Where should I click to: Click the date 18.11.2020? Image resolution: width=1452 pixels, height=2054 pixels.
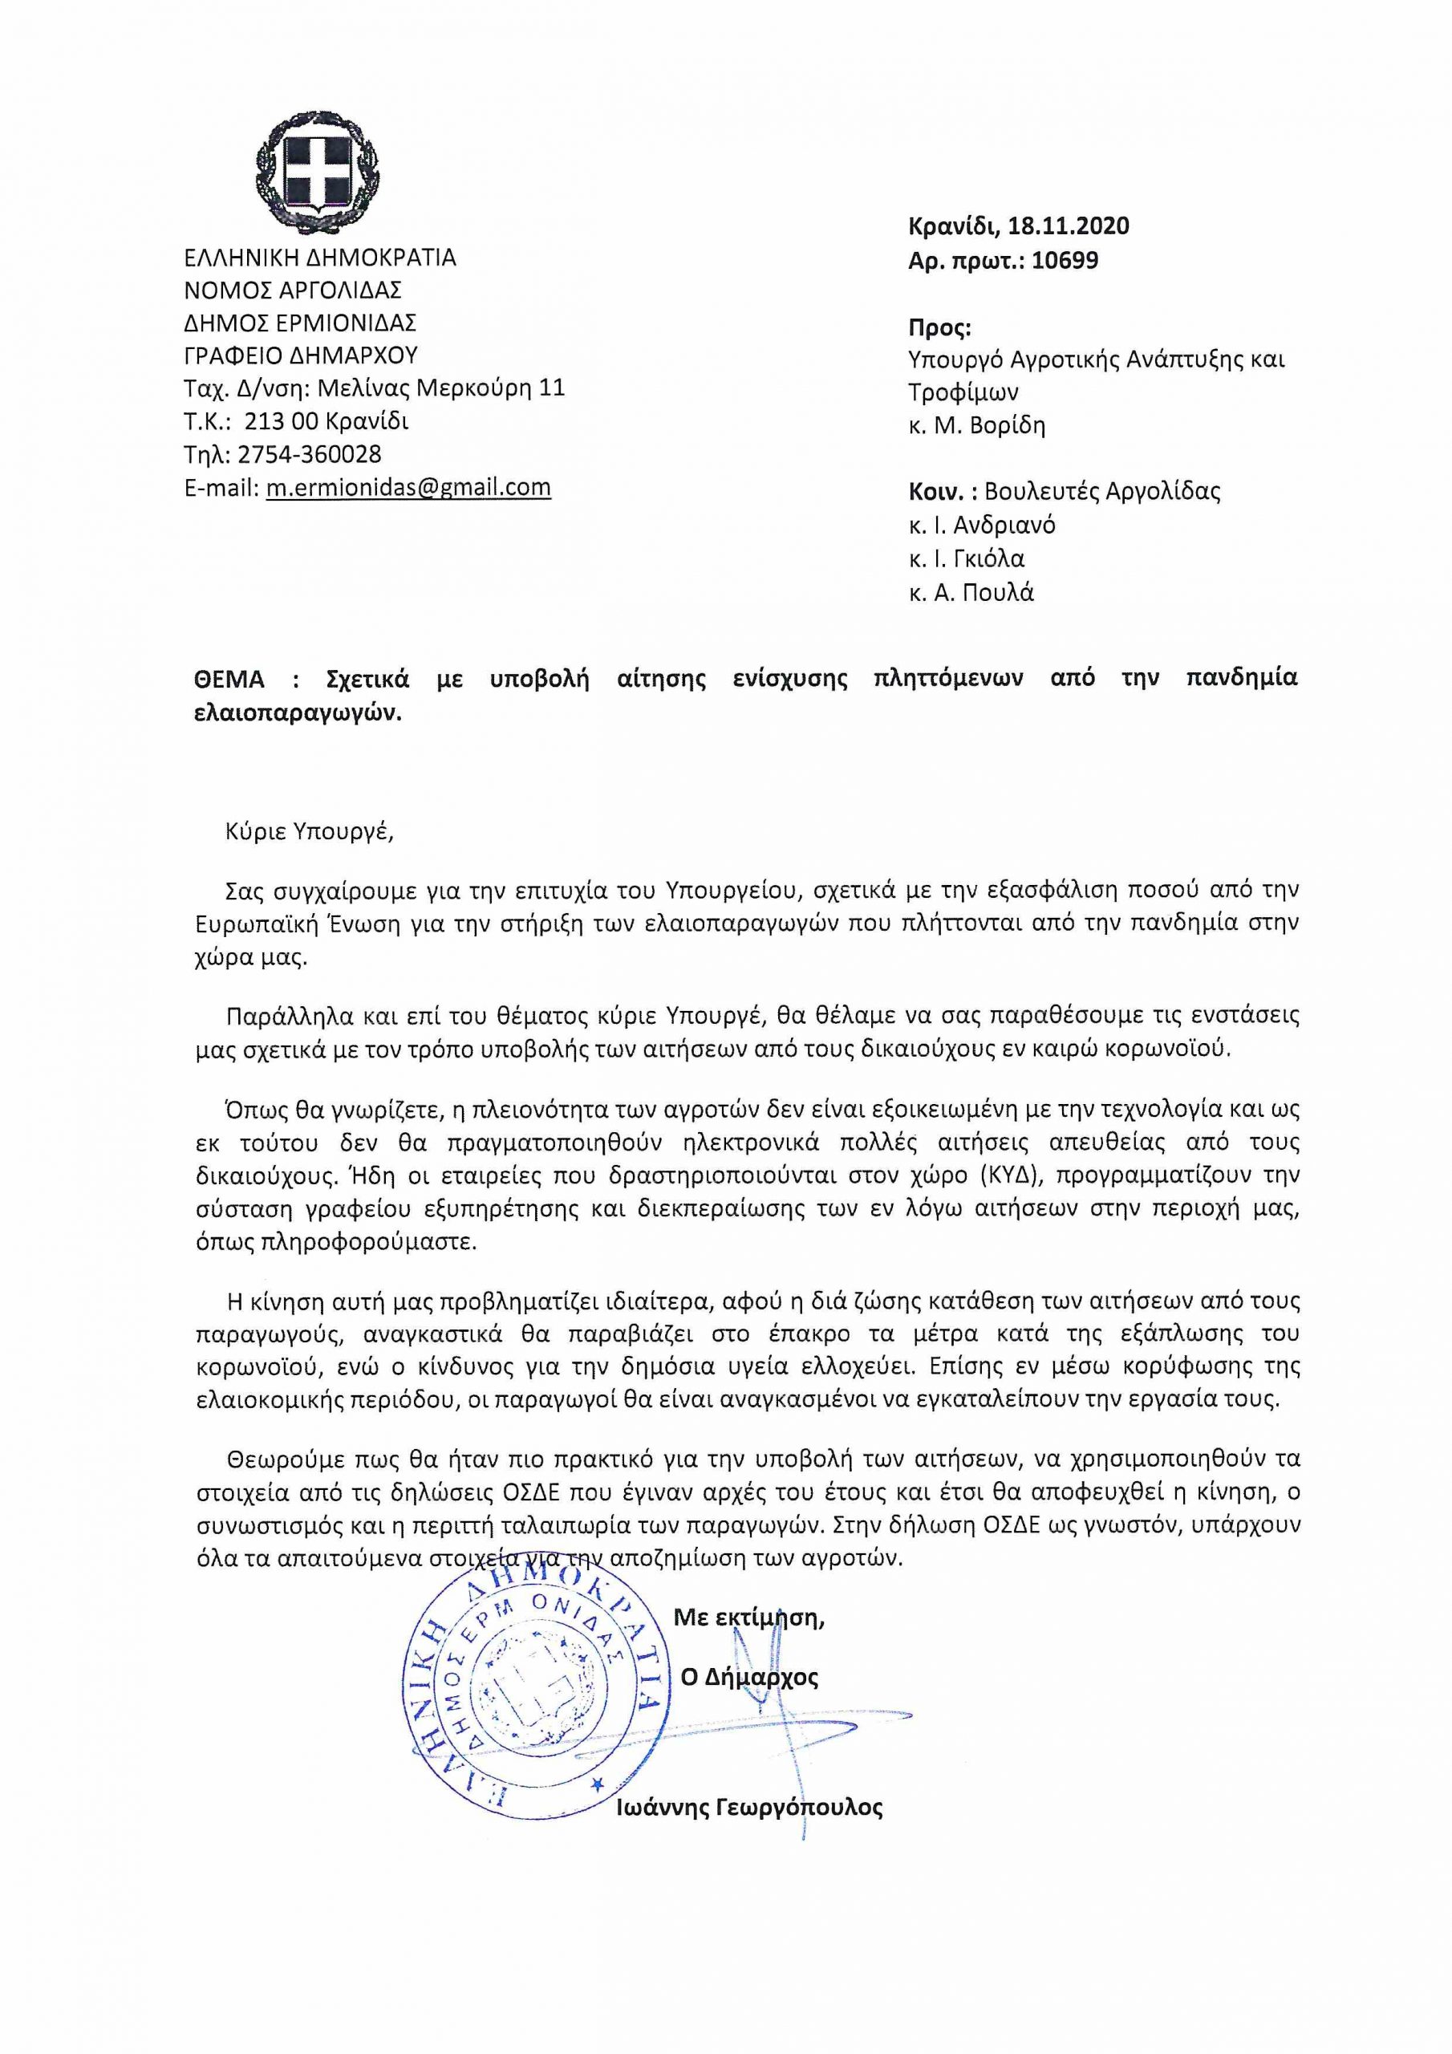point(1069,225)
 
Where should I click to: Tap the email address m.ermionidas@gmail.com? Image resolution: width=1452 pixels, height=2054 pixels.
point(408,488)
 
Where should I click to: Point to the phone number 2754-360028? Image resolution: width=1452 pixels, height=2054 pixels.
point(309,454)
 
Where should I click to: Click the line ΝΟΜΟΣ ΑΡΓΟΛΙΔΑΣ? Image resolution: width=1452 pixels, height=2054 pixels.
point(293,290)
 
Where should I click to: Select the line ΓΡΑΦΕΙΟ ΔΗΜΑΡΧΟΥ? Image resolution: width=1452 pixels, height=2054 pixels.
point(301,355)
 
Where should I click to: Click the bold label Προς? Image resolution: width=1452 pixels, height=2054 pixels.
point(939,327)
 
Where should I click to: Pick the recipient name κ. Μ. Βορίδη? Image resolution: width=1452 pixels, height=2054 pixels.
point(976,426)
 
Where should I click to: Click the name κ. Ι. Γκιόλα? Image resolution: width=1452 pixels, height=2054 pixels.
point(966,559)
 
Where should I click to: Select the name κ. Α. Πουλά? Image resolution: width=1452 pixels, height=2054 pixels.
point(971,593)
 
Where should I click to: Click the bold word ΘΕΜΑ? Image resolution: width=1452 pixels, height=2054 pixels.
point(229,679)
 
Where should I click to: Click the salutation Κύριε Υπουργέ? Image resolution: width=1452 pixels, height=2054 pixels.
point(310,832)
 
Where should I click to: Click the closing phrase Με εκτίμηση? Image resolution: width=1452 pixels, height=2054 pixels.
point(748,1617)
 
